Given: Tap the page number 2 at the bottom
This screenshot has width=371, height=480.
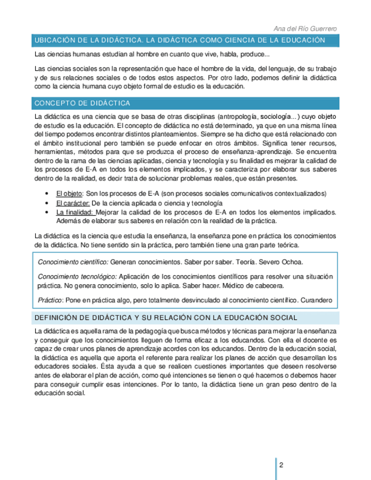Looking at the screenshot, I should pos(282,465).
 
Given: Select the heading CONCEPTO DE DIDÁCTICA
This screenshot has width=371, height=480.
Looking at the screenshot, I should pos(83,103).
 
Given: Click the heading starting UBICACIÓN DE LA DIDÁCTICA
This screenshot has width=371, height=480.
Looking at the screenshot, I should pos(180,40).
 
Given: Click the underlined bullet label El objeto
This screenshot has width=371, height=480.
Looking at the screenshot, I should pos(69,194).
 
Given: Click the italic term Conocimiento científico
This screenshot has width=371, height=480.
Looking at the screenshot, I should pos(73,262).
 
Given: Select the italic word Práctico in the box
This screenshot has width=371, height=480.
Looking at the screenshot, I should pos(50,299).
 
